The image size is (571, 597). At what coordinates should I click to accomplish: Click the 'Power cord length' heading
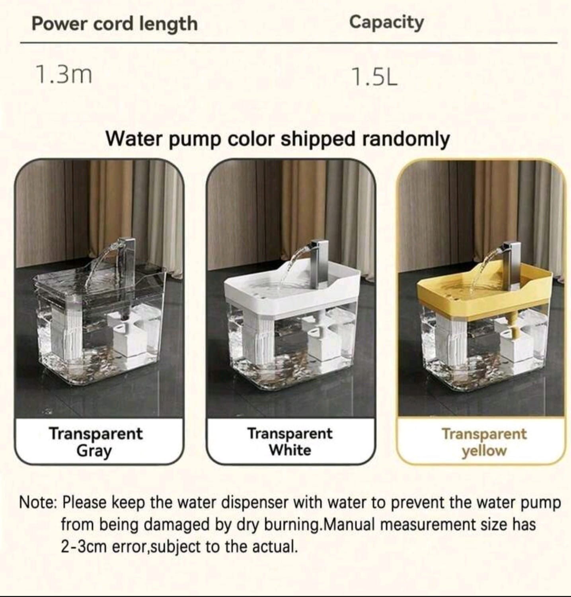[x=115, y=24]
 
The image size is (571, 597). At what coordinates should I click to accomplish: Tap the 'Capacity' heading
[x=386, y=23]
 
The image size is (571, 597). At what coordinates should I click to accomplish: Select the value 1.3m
[x=64, y=75]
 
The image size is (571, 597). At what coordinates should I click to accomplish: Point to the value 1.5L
[x=375, y=77]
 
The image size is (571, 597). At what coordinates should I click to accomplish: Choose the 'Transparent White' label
[x=290, y=441]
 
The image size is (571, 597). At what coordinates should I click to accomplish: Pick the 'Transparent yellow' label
[x=484, y=442]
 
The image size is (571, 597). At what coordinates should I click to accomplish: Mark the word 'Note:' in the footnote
[x=38, y=503]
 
